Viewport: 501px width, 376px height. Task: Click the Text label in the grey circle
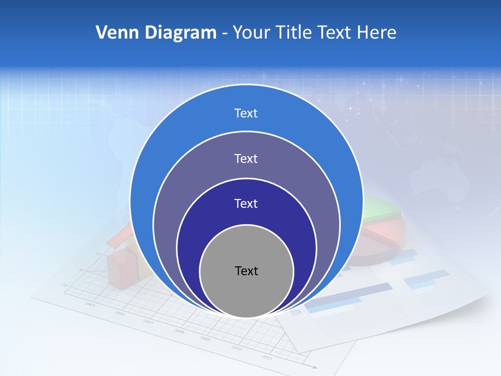pos(246,271)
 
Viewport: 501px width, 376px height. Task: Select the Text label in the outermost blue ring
pos(246,113)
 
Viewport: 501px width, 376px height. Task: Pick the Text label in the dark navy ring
pos(246,204)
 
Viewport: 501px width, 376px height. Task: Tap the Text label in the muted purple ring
pos(246,158)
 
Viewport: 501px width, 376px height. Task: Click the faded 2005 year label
pos(90,304)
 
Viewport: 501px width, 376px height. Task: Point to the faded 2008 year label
pos(179,331)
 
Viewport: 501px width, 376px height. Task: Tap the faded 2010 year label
pos(236,348)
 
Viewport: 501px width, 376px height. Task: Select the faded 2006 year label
pos(120,313)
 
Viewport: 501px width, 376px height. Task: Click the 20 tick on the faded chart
pos(80,270)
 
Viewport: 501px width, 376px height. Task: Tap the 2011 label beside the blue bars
pos(296,312)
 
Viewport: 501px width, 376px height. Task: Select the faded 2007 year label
pos(149,322)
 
